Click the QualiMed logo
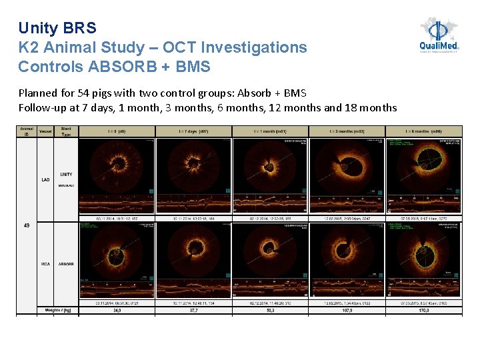coord(439,35)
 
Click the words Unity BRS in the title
coord(57,28)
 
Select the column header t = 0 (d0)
coord(117,131)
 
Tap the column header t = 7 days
coord(193,131)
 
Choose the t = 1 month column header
coord(270,131)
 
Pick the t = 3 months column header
coord(347,131)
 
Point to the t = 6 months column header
coord(423,131)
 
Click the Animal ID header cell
coord(27,131)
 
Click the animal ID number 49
coord(27,225)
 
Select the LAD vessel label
coord(45,179)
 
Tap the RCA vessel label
coord(45,264)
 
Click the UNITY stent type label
coord(66,174)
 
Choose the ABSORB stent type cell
coord(66,264)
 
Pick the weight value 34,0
coord(117,310)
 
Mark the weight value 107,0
coord(347,310)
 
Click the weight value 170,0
coord(423,310)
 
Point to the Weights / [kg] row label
coord(57,310)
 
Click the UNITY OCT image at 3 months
coord(347,167)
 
